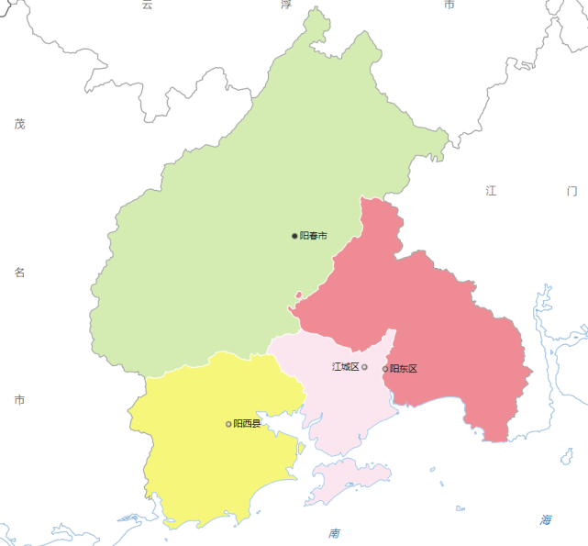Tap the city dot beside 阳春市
point(294,236)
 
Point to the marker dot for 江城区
point(365,367)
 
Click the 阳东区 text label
point(404,369)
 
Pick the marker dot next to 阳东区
point(385,369)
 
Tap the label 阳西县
point(247,424)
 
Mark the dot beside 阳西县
point(228,424)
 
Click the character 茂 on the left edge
point(19,124)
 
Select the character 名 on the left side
point(19,273)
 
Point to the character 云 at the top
point(147,5)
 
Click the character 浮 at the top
point(285,5)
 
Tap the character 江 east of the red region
point(491,191)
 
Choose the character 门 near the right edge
point(572,191)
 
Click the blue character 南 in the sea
point(334,533)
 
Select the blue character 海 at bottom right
point(546,520)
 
